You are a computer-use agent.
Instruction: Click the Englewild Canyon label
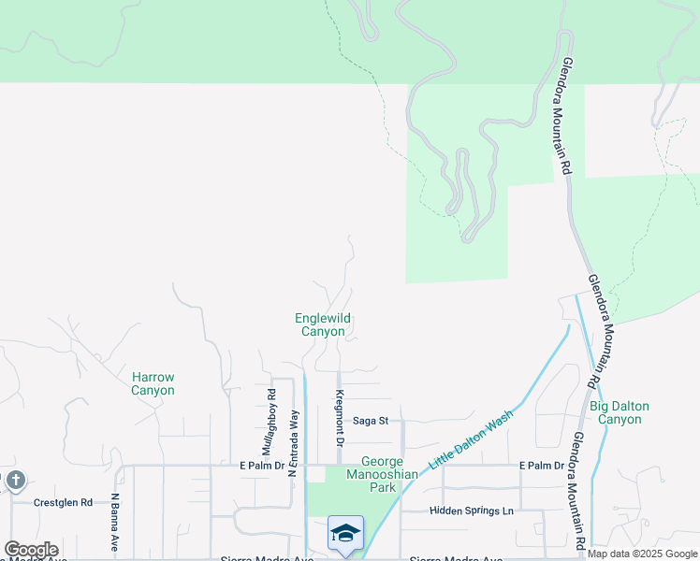coord(323,324)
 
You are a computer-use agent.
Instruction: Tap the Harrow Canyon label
coord(153,383)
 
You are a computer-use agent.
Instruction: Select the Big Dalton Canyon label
coord(619,412)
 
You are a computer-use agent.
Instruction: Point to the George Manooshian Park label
coord(382,474)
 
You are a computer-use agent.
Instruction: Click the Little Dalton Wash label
coord(472,439)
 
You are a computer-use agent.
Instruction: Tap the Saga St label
coord(370,421)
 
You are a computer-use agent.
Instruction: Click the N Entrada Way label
coord(293,442)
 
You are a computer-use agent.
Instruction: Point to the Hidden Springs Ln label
coord(472,511)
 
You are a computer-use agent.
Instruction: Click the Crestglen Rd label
coord(63,502)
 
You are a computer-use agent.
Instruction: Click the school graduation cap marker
coord(345,534)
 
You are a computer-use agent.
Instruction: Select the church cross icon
coord(15,481)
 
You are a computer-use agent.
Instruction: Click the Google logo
coord(31,550)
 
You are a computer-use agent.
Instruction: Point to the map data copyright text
coord(643,554)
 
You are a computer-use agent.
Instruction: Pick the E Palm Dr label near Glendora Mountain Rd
coord(543,465)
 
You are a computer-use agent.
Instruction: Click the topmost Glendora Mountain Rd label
coord(566,116)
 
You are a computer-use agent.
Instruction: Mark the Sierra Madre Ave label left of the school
coord(254,558)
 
